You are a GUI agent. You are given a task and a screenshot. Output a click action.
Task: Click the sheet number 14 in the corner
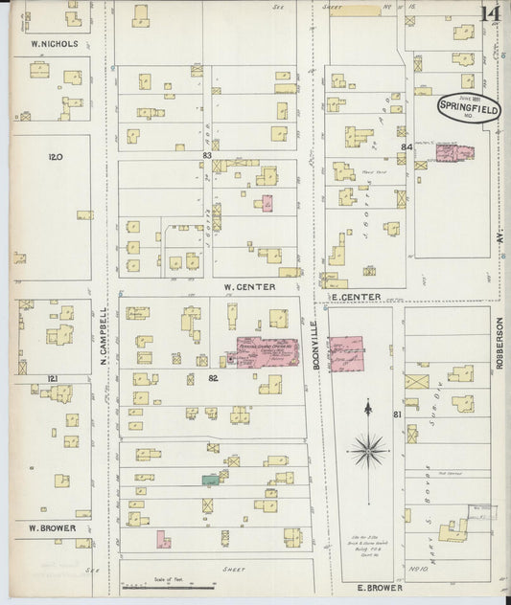(x=490, y=14)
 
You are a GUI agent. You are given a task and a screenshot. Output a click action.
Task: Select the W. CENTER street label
(x=249, y=286)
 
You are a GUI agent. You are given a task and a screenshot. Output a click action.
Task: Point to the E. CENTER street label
(x=355, y=297)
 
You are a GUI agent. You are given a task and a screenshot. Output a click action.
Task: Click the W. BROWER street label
(x=45, y=527)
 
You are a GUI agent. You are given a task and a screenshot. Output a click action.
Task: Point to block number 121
(x=53, y=379)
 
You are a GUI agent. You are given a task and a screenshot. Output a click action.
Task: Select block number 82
(x=214, y=379)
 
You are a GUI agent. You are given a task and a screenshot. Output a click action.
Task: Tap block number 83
(x=206, y=155)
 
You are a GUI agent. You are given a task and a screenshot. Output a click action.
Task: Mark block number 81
(x=396, y=414)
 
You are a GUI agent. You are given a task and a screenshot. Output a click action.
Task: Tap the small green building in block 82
(x=210, y=479)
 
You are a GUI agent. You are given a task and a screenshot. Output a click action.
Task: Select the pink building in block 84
(x=449, y=151)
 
